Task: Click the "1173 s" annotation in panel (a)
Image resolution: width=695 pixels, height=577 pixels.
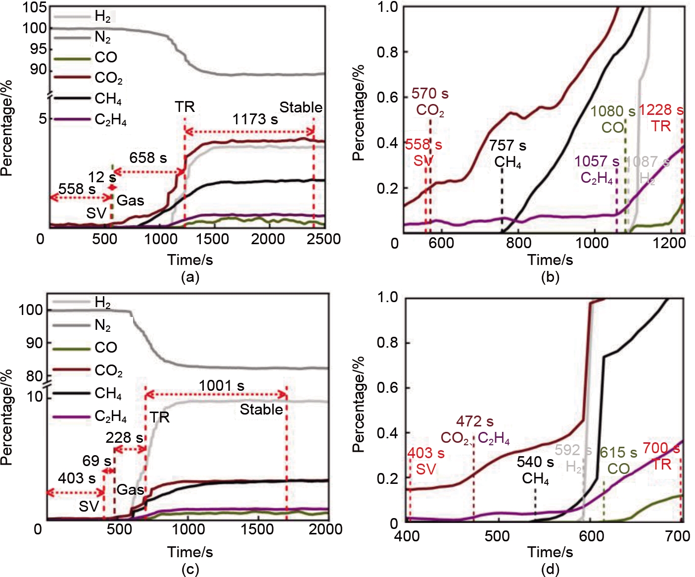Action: click(255, 119)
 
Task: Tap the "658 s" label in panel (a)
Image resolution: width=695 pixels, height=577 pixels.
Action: click(148, 158)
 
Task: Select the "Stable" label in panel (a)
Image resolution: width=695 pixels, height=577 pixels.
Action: click(301, 107)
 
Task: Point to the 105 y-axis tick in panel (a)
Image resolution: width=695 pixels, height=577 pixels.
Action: click(35, 7)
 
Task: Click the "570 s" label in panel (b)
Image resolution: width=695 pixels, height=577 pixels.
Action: click(430, 94)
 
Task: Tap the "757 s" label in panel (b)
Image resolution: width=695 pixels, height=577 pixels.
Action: click(508, 146)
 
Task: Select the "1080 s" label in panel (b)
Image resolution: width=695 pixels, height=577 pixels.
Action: click(612, 111)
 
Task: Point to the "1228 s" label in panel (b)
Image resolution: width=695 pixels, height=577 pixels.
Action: click(661, 110)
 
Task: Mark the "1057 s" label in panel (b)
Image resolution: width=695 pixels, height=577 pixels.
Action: click(597, 161)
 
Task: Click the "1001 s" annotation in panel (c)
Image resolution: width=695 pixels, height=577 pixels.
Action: click(222, 385)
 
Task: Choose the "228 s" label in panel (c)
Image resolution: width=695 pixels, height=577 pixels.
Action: click(124, 438)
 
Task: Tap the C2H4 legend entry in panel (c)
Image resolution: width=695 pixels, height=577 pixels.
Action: click(110, 416)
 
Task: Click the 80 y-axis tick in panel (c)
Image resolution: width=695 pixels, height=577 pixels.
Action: click(34, 376)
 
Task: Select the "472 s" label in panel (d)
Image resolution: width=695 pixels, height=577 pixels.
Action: click(474, 421)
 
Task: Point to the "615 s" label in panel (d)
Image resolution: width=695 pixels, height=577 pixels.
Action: click(618, 453)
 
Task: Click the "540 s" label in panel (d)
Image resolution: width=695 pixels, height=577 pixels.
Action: click(535, 462)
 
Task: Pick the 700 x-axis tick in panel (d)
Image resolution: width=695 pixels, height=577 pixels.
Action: click(678, 536)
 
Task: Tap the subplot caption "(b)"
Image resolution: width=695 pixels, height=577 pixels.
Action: click(550, 277)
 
